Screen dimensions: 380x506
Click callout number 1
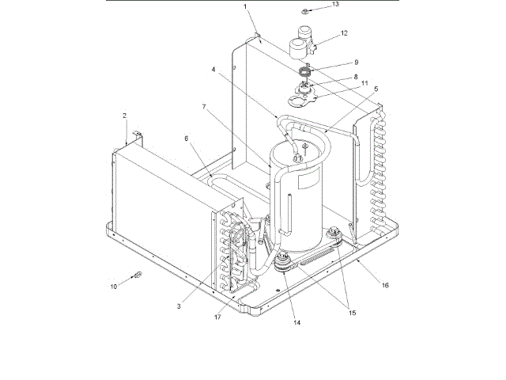click(x=245, y=6)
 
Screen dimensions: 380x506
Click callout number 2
click(x=125, y=116)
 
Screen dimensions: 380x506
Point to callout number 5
click(x=376, y=89)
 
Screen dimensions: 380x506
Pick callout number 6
click(x=187, y=138)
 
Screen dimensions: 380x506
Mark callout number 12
click(x=344, y=33)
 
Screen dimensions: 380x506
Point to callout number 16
click(x=386, y=283)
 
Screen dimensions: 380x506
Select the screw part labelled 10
click(x=137, y=275)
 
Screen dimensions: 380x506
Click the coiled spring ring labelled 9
click(x=304, y=69)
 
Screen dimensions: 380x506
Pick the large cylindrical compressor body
click(x=297, y=194)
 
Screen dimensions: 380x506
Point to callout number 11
click(x=364, y=82)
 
